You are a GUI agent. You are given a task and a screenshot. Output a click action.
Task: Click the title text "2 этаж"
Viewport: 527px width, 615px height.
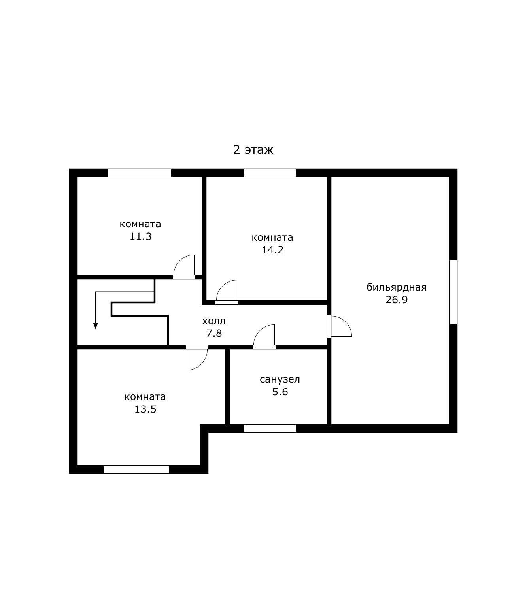pos(253,150)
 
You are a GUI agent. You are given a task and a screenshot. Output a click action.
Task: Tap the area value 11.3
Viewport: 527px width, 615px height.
pos(140,236)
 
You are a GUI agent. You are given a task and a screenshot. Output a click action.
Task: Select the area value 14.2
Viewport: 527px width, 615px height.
pos(272,250)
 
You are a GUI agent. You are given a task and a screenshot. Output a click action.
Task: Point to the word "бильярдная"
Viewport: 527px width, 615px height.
pos(397,287)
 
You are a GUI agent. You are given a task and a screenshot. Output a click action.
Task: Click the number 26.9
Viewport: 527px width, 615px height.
pos(397,300)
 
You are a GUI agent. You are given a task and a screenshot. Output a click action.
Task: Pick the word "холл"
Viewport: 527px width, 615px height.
pos(214,321)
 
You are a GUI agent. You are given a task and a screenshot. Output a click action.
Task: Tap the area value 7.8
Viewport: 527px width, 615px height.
pos(214,333)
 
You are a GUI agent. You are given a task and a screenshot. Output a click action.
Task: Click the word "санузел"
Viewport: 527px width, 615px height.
pos(280,379)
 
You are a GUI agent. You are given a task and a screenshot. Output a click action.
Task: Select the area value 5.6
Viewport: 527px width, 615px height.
pos(280,392)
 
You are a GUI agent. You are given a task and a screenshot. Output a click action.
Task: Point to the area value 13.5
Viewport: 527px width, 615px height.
pos(145,409)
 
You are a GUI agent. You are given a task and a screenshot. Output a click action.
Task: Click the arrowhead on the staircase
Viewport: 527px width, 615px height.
pos(96,326)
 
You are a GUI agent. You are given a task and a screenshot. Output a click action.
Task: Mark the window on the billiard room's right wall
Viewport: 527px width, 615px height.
pos(453,292)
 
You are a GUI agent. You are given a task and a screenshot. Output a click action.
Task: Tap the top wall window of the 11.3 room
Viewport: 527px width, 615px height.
pos(139,173)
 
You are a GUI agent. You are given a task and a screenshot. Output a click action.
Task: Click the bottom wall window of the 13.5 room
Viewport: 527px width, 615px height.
pos(136,469)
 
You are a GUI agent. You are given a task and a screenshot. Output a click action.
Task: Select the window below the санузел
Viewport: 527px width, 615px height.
pos(270,428)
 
